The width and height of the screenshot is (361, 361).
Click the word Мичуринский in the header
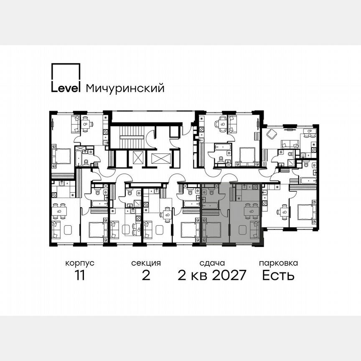click(x=125, y=88)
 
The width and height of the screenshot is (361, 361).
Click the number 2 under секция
click(x=146, y=275)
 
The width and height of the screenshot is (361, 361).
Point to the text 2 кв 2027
click(x=212, y=275)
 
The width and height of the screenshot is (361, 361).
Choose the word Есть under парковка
click(x=278, y=275)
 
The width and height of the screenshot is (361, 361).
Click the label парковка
click(x=278, y=263)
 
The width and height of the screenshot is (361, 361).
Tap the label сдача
click(x=212, y=263)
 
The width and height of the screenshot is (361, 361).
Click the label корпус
click(x=79, y=263)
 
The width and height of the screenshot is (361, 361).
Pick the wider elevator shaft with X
click(x=161, y=159)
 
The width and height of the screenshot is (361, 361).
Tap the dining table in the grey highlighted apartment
click(x=250, y=211)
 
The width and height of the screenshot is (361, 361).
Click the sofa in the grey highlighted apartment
click(x=254, y=229)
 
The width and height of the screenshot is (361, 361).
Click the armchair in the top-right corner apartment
click(x=272, y=134)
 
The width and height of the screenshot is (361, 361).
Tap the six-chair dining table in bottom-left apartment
click(x=62, y=211)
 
